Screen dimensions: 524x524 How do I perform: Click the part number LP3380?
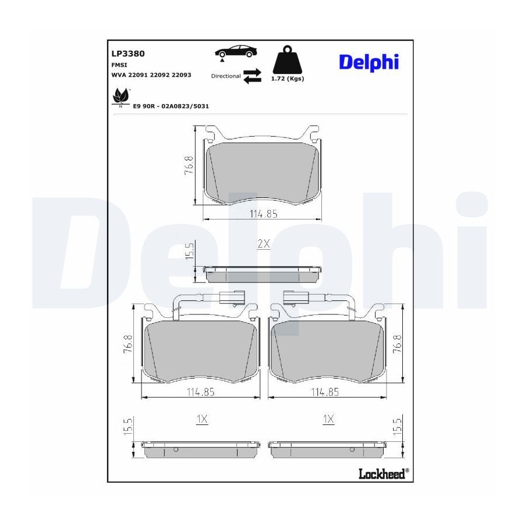128,54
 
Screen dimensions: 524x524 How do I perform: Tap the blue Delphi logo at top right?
369,62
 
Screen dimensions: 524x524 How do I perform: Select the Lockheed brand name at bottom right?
384,473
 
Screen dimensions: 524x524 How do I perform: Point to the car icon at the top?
236,52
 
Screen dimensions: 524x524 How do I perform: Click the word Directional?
226,76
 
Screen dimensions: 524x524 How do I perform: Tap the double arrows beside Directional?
252,76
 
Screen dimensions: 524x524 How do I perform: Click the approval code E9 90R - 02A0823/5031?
171,107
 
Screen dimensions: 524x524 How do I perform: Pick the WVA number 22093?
182,75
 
